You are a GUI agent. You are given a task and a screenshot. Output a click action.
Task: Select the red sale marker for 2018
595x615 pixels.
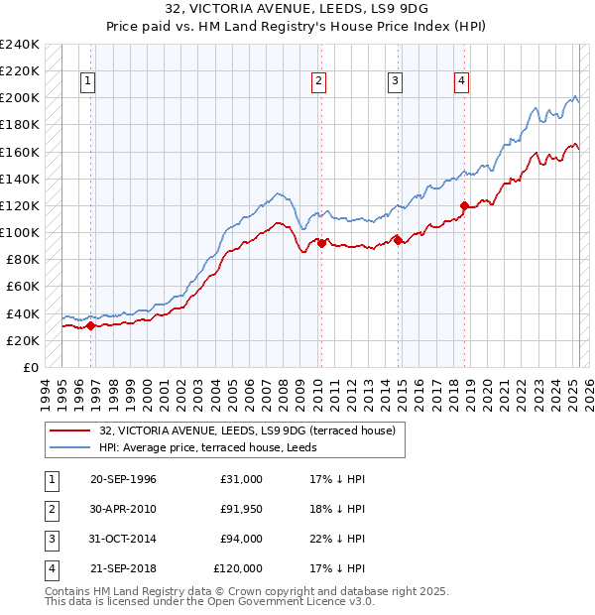pos(463,205)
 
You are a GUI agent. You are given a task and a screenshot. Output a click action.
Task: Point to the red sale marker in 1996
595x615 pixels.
pos(90,324)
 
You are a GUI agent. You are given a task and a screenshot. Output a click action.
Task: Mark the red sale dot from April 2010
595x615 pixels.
pos(321,243)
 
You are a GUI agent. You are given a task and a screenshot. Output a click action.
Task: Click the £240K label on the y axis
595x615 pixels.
pos(20,45)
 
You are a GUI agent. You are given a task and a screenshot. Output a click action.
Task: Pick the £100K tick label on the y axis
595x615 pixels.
pos(20,232)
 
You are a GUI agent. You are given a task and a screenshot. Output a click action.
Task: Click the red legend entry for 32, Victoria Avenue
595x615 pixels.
pos(248,430)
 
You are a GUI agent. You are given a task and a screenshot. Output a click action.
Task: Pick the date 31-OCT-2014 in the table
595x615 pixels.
pos(123,539)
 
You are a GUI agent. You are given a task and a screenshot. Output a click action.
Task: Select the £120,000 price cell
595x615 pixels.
pos(238,568)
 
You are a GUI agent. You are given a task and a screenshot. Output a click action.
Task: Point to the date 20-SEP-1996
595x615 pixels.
pos(123,479)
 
